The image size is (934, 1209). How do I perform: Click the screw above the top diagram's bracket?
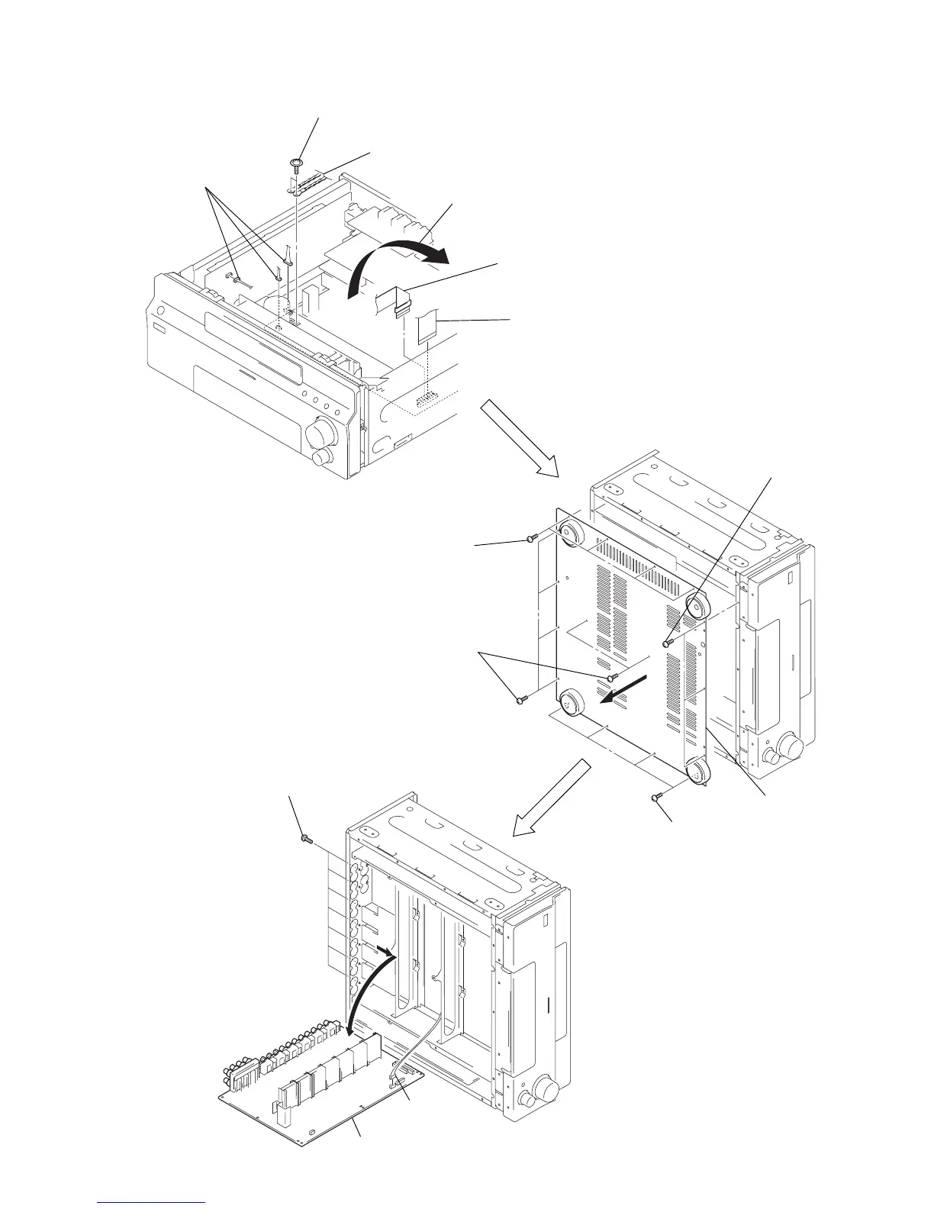297,163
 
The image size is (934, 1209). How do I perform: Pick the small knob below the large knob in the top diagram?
323,456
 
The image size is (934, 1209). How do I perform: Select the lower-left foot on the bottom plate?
573,701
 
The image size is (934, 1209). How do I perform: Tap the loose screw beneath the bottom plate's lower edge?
655,797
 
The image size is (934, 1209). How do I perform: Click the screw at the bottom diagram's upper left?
307,839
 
